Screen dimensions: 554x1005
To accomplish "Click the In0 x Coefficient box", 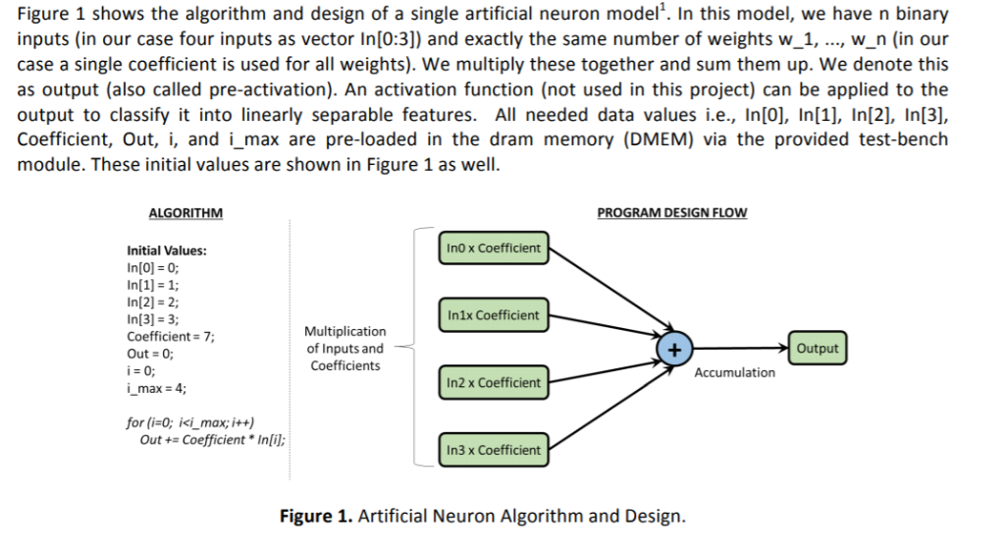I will [493, 249].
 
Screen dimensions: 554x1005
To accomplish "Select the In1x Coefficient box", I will [493, 315].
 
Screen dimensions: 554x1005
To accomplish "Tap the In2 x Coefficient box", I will [493, 382].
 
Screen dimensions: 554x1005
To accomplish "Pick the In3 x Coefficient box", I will [493, 450].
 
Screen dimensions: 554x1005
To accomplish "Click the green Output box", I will [817, 349].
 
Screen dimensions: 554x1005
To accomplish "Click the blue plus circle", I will [674, 349].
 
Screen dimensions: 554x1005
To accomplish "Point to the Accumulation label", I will [734, 372].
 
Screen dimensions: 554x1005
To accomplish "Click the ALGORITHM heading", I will [185, 213].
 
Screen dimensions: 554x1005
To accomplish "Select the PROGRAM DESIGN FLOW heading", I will [671, 213].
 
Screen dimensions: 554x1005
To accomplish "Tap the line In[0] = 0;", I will [153, 267].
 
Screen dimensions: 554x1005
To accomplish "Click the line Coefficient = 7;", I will [171, 337].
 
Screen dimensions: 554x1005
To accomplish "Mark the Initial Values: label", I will [167, 250].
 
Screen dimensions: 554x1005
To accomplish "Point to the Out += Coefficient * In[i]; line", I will [213, 440].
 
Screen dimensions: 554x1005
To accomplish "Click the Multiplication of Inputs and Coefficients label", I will [345, 349].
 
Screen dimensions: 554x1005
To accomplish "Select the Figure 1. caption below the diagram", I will [482, 517].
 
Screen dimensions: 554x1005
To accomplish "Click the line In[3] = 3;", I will [153, 319].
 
